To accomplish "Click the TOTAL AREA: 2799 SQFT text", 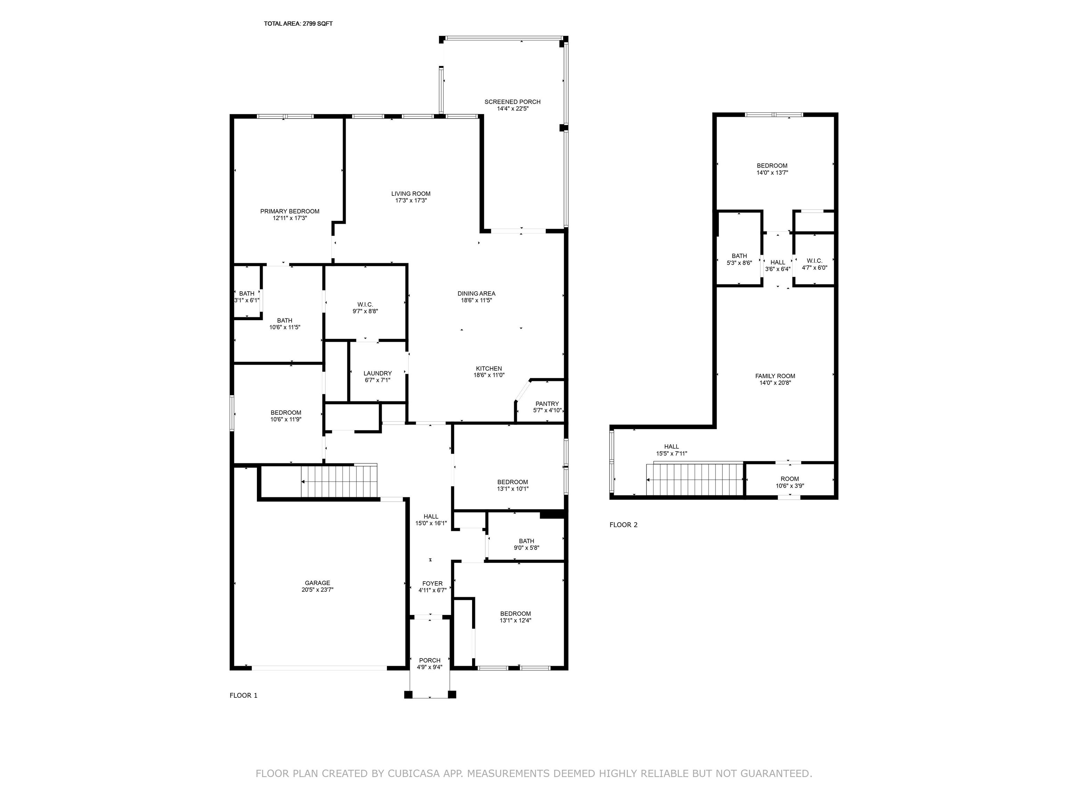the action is click(x=298, y=24).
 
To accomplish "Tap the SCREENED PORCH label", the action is click(x=512, y=102).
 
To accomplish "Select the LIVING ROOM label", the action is click(x=411, y=194).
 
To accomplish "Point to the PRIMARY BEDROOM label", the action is click(x=290, y=211).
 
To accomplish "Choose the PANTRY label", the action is click(x=547, y=404).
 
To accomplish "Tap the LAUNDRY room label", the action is click(x=378, y=373).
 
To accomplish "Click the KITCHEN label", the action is click(x=488, y=369).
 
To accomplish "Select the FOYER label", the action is click(x=432, y=583).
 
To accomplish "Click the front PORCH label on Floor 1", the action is click(x=430, y=661).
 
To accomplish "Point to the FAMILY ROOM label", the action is click(x=775, y=376).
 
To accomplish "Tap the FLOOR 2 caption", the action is click(x=623, y=525).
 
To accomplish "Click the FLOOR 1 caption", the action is click(x=243, y=695).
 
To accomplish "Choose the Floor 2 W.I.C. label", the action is click(x=815, y=261).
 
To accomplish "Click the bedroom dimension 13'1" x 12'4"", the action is click(x=515, y=621).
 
